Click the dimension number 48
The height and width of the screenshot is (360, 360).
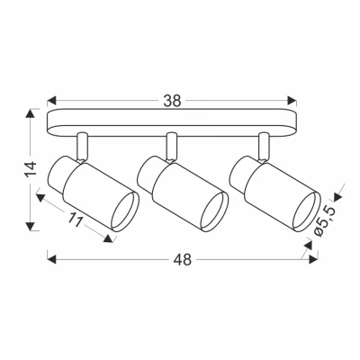point(184,259)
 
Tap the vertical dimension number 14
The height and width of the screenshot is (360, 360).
point(30,169)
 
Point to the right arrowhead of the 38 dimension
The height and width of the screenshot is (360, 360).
point(293,102)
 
